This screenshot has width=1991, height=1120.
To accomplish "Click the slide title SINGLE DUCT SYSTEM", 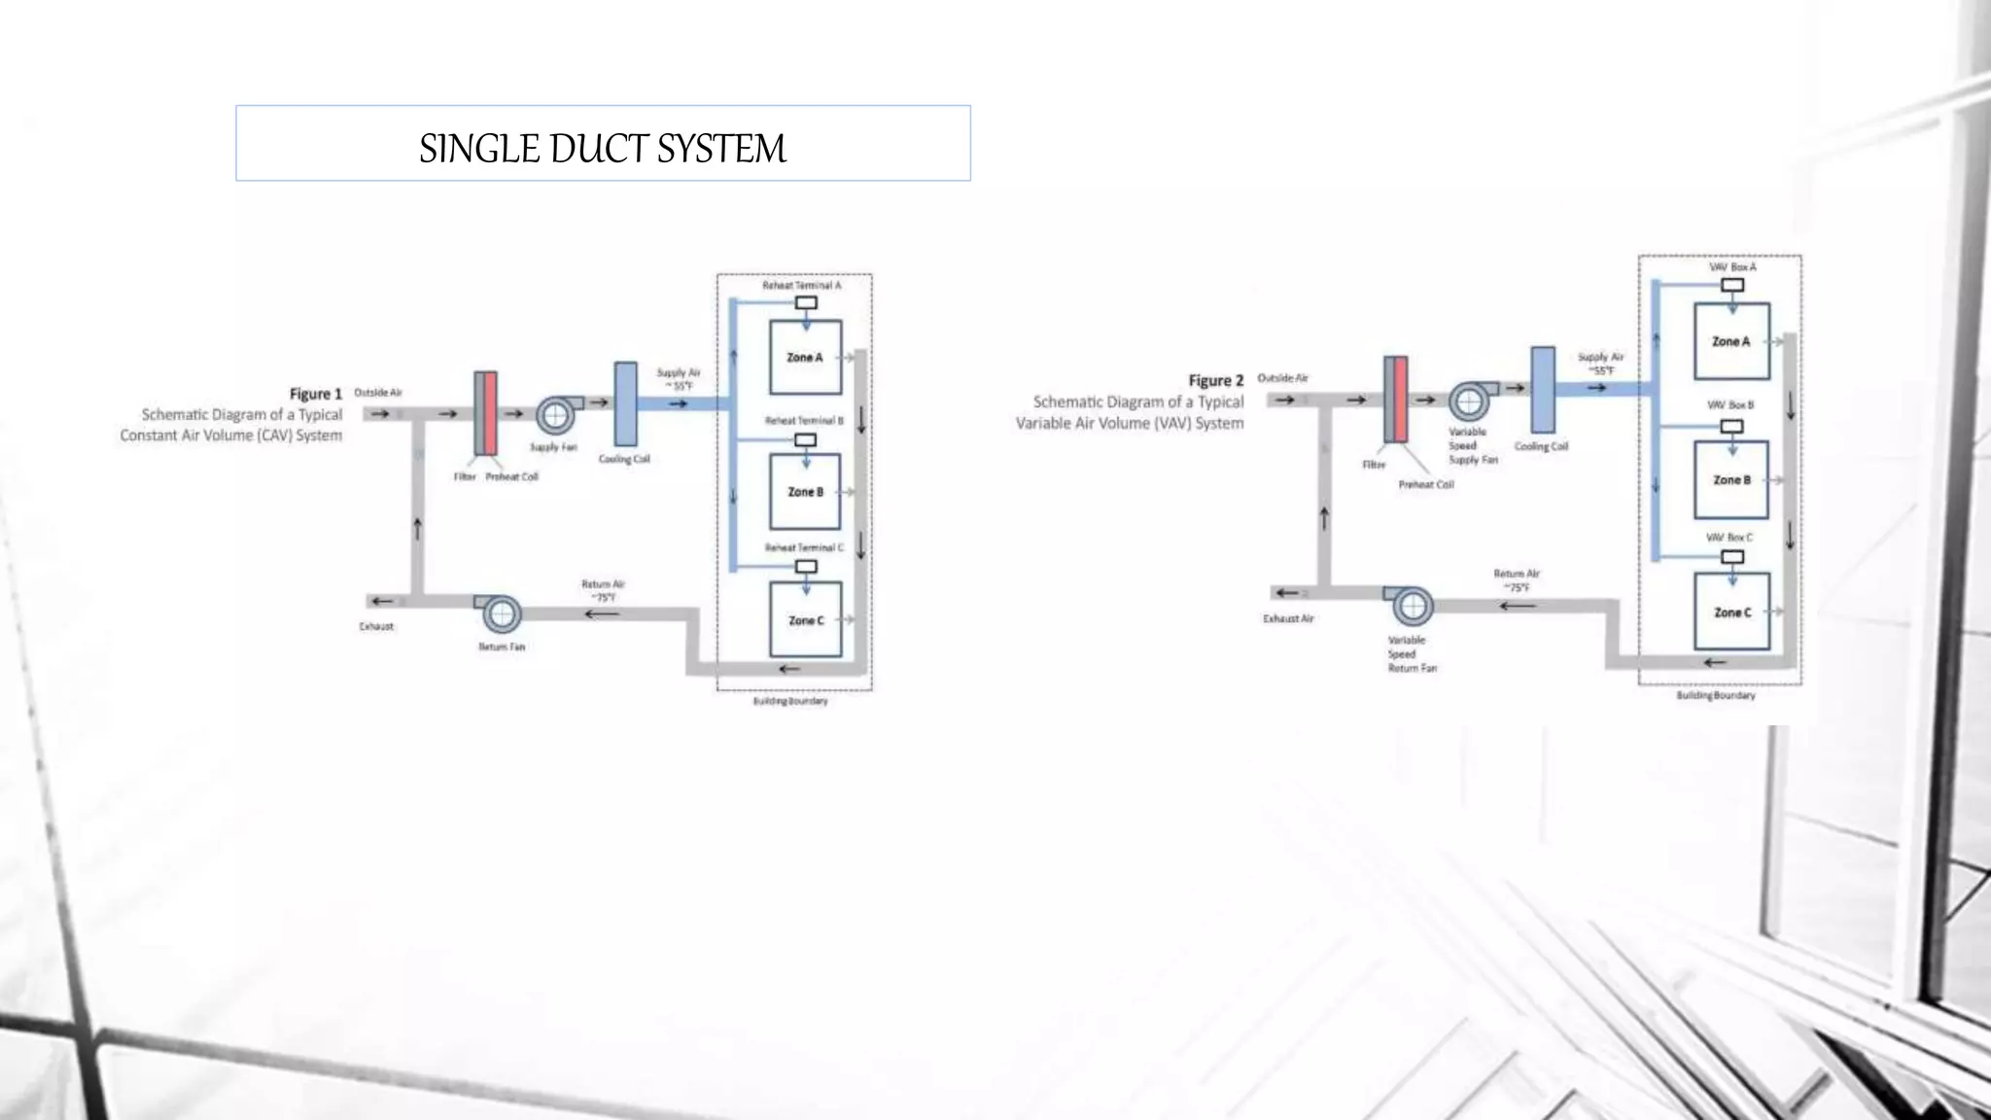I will click(x=603, y=148).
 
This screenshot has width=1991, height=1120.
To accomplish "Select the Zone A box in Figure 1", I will click(x=805, y=358).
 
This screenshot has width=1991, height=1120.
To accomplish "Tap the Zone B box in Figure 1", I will click(x=805, y=492).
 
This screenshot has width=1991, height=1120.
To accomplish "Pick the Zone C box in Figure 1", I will click(x=805, y=620).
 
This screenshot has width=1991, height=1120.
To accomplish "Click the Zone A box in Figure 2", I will click(x=1731, y=341).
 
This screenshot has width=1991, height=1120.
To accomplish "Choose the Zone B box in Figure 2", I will click(x=1731, y=480).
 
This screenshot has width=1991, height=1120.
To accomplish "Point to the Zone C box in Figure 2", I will click(x=1731, y=612).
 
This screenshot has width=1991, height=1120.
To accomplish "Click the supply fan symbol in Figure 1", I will click(x=556, y=416).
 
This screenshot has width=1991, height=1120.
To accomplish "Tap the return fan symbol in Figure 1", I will click(x=501, y=614).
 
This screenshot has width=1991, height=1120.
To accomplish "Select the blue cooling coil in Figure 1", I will click(x=626, y=404).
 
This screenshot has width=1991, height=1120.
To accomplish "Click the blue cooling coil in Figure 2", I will click(x=1543, y=390).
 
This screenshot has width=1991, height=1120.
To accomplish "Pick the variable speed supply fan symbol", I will click(x=1469, y=401).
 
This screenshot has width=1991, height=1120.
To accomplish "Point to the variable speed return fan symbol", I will click(x=1412, y=607).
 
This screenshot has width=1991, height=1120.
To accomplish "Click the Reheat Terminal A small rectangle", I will click(x=806, y=303).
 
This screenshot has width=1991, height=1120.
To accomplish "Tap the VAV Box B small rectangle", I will click(x=1732, y=426).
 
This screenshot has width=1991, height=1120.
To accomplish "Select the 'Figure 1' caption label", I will click(x=316, y=394).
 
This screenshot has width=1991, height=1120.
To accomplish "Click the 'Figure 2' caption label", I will click(x=1216, y=380).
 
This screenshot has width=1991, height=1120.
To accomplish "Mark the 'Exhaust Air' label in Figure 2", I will click(x=1288, y=618).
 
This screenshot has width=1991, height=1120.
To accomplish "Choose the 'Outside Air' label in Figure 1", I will click(x=378, y=393).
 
